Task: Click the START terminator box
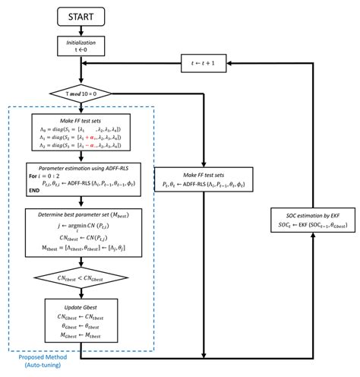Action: click(x=80, y=16)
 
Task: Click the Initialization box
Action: click(x=80, y=49)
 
